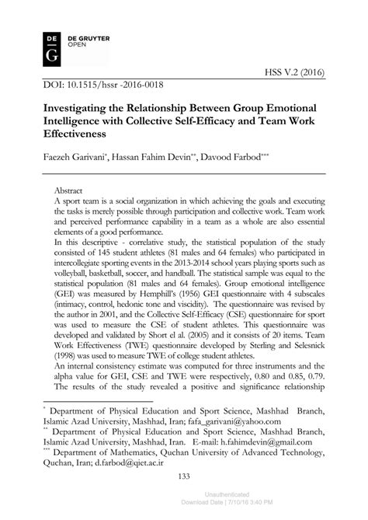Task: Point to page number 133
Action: [x=184, y=497]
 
